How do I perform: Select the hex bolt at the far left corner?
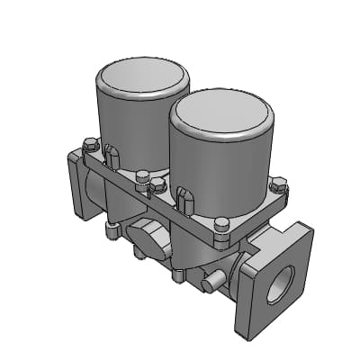pos(89,144)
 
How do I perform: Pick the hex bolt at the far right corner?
pos(278,187)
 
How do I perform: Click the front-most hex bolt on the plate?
pos(220,225)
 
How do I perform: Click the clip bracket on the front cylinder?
pos(184,198)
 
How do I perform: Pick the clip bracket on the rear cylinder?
pos(112,157)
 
